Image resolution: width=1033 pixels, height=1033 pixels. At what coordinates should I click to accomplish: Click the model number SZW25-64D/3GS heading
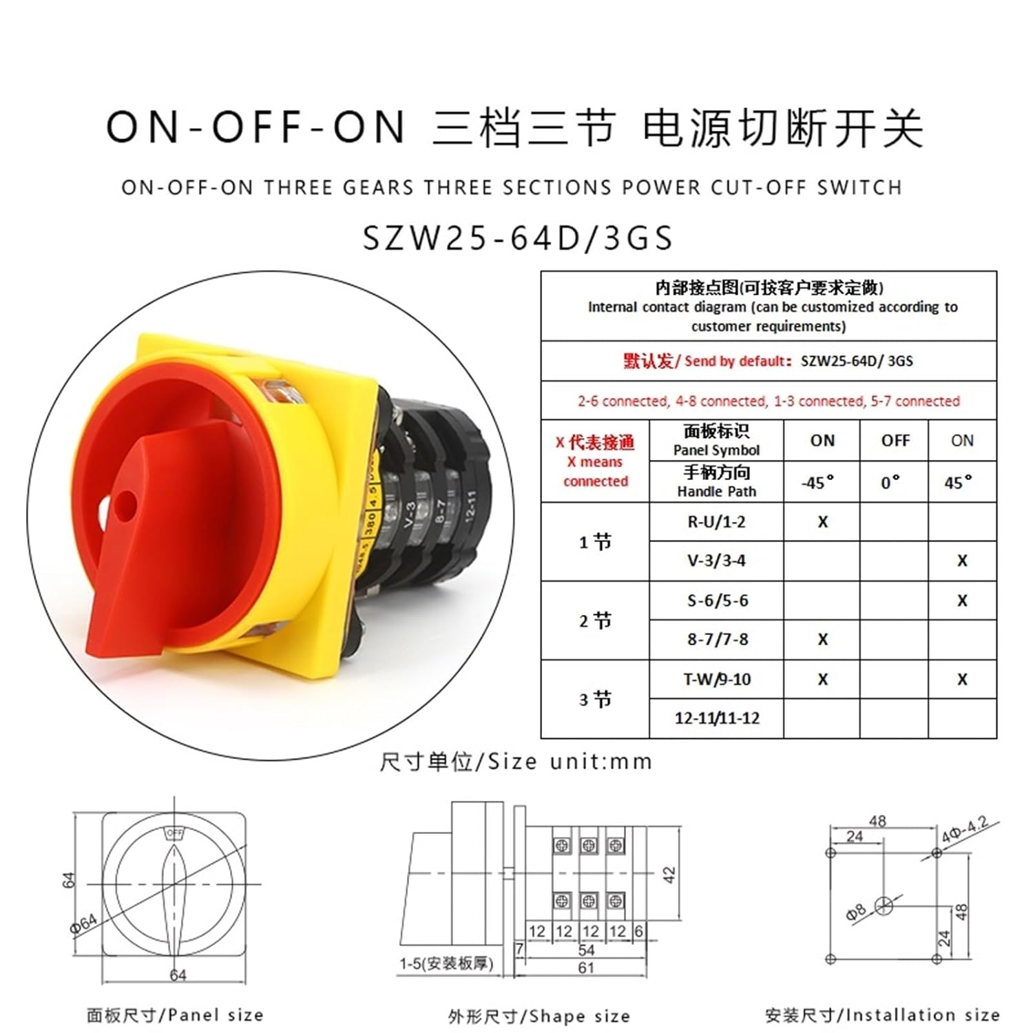click(x=517, y=238)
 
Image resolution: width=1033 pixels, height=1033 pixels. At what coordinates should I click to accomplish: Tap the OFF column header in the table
click(x=895, y=441)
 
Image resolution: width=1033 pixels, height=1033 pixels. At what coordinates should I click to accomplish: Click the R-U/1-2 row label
click(x=716, y=522)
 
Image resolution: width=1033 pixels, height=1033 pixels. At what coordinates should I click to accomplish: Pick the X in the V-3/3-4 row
click(x=962, y=561)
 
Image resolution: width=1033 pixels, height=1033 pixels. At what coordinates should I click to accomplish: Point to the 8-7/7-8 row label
click(x=717, y=640)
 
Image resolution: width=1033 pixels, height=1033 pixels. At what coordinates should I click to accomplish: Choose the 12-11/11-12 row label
click(x=717, y=718)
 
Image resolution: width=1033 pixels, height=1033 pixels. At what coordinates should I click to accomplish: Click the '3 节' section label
click(x=595, y=700)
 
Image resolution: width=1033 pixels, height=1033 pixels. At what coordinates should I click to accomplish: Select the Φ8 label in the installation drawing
click(x=856, y=913)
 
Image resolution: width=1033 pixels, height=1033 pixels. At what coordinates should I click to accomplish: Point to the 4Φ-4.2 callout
click(x=965, y=830)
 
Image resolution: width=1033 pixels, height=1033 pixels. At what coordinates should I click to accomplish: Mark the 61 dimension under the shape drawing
click(x=586, y=968)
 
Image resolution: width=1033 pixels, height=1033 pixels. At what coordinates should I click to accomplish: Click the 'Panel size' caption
click(x=175, y=1015)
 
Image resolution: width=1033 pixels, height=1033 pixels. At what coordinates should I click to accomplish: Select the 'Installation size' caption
click(x=882, y=1015)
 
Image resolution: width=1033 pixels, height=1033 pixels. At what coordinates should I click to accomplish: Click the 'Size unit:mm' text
click(x=516, y=762)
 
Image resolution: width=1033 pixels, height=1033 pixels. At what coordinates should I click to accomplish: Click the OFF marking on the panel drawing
click(x=175, y=833)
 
